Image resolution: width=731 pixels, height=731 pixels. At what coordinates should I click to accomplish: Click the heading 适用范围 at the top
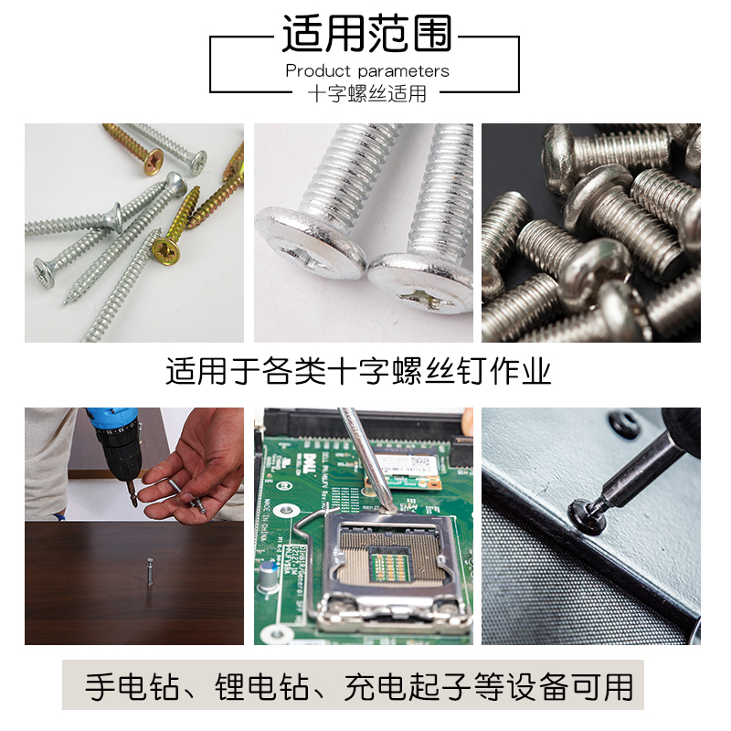point(366,34)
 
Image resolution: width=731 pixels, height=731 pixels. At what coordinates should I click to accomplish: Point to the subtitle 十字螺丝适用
point(366,93)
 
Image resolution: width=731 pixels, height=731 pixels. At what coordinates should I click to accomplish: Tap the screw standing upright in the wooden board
point(149,573)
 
